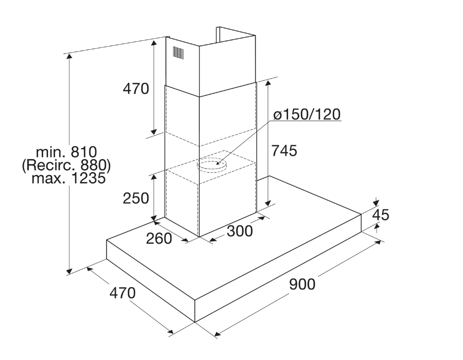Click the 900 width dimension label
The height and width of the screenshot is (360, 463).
[x=302, y=285]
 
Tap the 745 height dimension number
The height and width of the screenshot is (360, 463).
[x=284, y=151]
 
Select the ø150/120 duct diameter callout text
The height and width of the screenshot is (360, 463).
[x=307, y=114]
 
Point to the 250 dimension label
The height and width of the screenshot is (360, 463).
[x=136, y=198]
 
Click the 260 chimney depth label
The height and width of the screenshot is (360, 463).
[x=159, y=239]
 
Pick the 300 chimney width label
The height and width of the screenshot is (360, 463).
[x=240, y=231]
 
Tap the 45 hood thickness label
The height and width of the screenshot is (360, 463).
[x=381, y=215]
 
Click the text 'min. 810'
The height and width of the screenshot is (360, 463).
[x=66, y=152]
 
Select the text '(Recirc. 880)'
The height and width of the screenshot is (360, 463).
[x=66, y=166]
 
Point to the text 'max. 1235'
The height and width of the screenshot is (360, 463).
[x=68, y=179]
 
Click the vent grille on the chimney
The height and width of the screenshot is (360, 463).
[x=178, y=52]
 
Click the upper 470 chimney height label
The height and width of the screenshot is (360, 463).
[x=136, y=88]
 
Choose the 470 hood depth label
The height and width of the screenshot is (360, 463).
[x=122, y=293]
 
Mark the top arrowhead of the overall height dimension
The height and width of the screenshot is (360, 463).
[x=69, y=57]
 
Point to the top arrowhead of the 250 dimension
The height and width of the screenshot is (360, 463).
[x=154, y=177]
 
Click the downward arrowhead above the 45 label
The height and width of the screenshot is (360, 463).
[x=376, y=203]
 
